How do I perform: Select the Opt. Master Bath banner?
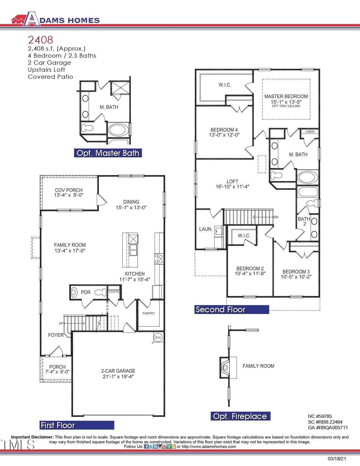click(x=108, y=153)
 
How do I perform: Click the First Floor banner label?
click(x=58, y=425)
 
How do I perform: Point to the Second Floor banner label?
click(x=221, y=310)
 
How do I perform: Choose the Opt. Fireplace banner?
click(x=240, y=416)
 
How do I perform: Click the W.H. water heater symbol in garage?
click(x=158, y=337)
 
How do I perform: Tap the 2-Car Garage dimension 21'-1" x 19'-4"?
click(x=118, y=376)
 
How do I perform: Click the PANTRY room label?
click(x=149, y=313)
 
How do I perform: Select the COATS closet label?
click(x=114, y=292)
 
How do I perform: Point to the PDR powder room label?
click(x=86, y=292)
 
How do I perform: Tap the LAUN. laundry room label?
click(x=206, y=229)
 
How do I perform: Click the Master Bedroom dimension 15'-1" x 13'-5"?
click(x=286, y=102)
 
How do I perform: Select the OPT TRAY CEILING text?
click(x=286, y=106)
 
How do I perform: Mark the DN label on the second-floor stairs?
click(x=276, y=217)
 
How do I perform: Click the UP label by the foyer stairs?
click(x=61, y=323)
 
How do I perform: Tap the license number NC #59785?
click(x=320, y=416)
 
